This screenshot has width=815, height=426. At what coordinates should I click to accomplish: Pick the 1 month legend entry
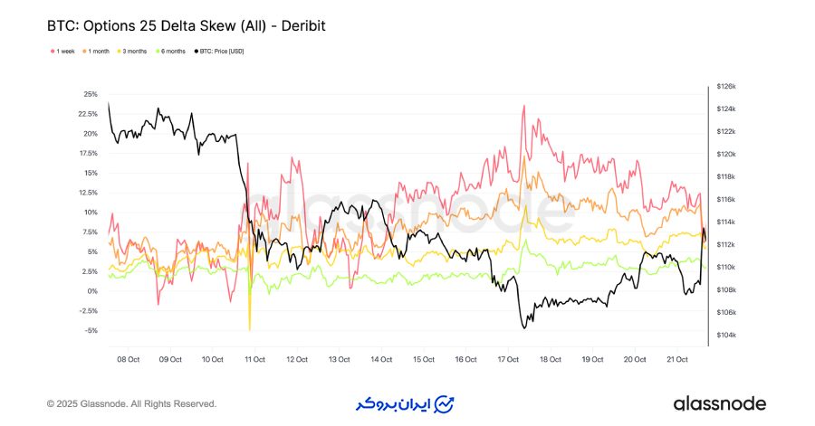pos(98,51)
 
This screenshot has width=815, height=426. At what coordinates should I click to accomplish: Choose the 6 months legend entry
pos(173,51)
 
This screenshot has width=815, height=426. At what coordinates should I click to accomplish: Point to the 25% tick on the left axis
pos(91,94)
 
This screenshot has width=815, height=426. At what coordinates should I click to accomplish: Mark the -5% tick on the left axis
pos(91,330)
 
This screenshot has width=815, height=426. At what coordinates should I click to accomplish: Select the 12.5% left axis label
pos(88,193)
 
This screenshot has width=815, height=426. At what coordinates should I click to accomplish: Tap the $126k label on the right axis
pos(726,86)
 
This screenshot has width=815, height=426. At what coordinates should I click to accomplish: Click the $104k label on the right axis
pos(726,336)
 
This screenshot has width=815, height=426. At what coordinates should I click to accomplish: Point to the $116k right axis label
pos(726,199)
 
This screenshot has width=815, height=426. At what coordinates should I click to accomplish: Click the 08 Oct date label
pos(129,359)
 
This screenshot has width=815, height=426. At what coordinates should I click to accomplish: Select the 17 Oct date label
pos(509,359)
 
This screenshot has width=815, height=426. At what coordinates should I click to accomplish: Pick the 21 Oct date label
pos(677,359)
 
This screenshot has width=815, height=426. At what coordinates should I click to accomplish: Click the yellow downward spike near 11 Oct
pos(249,328)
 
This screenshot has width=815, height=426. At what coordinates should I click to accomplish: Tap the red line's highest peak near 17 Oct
pos(523,107)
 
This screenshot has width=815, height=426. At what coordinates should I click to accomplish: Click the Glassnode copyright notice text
pos(131,403)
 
